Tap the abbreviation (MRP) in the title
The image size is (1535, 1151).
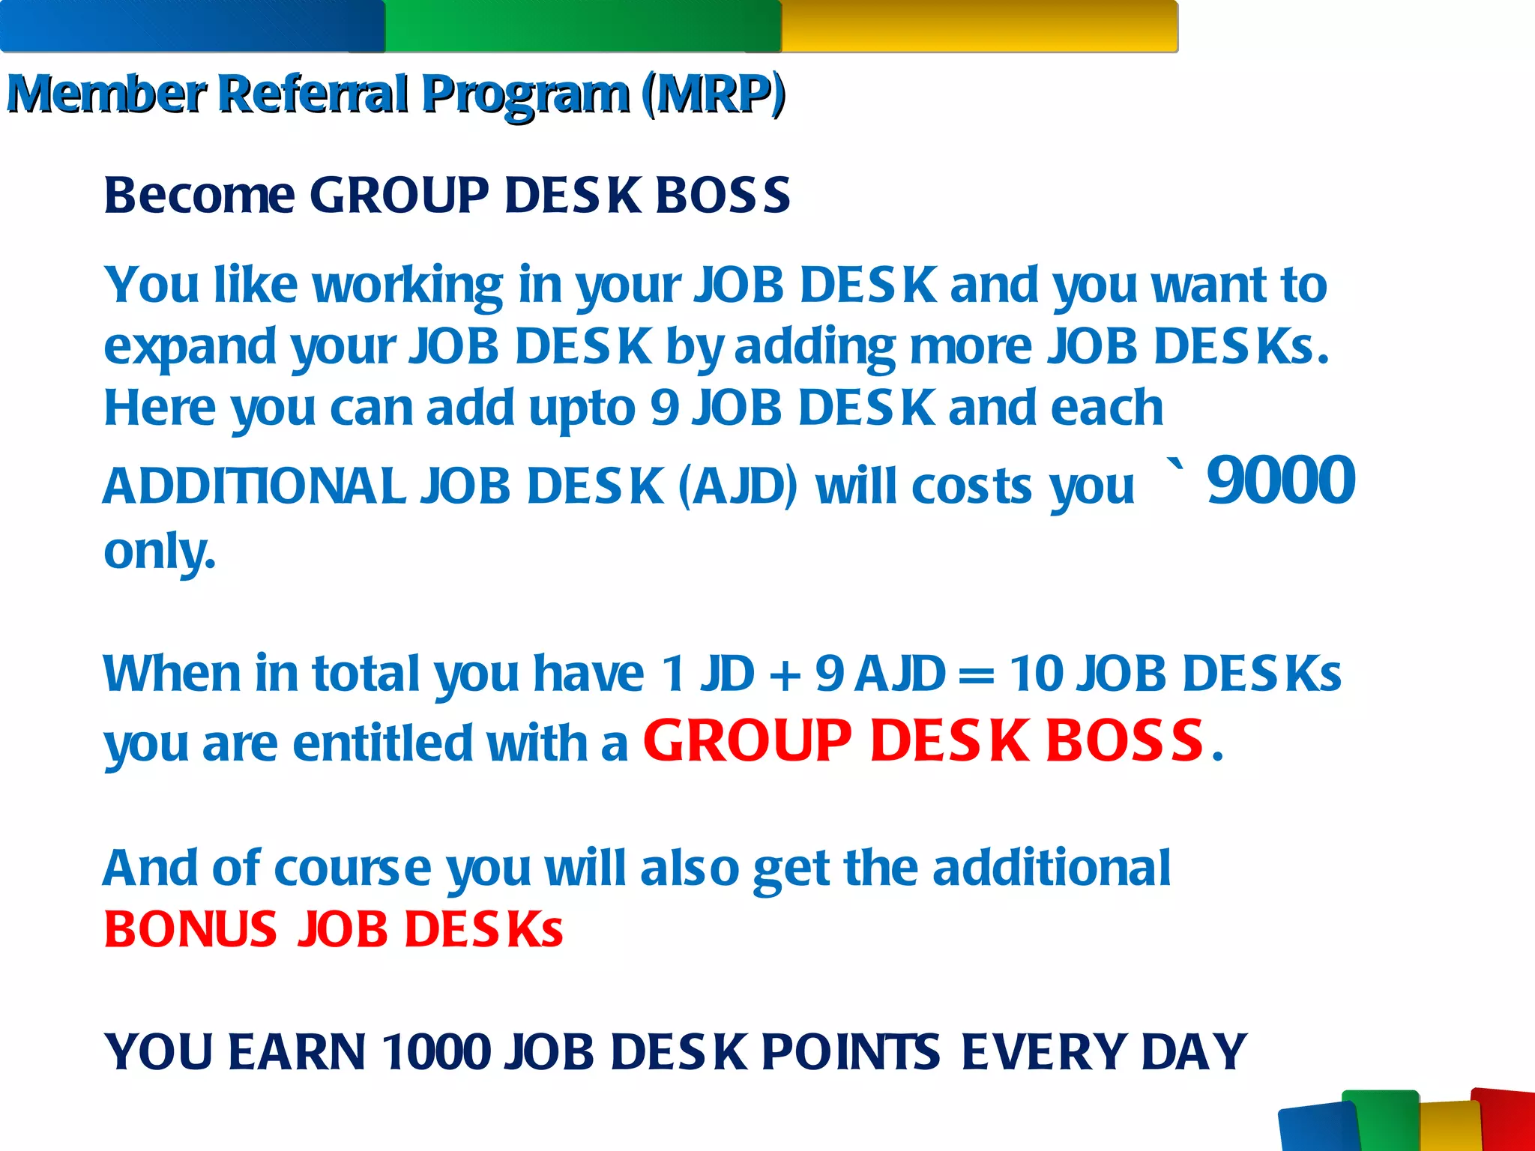click(x=713, y=94)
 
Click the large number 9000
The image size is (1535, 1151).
click(x=1281, y=481)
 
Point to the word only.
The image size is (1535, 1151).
click(x=159, y=552)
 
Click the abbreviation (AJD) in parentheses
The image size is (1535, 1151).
click(x=738, y=487)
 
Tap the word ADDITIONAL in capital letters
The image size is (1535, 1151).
click(x=255, y=487)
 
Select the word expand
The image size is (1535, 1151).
click(x=190, y=348)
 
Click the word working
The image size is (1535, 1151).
click(x=407, y=286)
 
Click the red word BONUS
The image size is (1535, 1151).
click(x=190, y=930)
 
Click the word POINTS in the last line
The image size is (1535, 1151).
click(x=851, y=1052)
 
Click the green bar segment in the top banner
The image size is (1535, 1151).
click(x=583, y=27)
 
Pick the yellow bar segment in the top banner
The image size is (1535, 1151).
click(x=979, y=27)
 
